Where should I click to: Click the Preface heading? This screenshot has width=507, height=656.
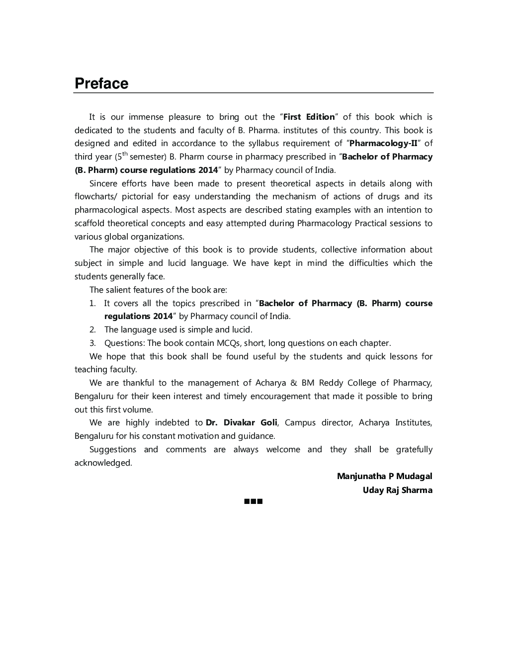(101, 83)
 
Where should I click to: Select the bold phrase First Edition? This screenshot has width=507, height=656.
(309, 117)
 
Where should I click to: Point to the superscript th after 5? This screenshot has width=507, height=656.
(125, 154)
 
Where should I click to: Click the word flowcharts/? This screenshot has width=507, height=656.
(95, 197)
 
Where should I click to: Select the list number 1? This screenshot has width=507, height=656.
(92, 303)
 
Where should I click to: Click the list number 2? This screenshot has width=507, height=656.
(92, 329)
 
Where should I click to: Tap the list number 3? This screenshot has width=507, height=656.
(92, 343)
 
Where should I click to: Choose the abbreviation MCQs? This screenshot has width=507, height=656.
(228, 343)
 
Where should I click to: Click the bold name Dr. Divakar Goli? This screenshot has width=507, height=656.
(242, 423)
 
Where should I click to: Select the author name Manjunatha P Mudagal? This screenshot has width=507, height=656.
(384, 476)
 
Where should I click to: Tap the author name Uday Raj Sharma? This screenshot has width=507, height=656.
(397, 490)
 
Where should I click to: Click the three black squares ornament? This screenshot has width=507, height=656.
(253, 501)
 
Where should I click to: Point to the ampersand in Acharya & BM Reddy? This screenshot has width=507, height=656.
(293, 383)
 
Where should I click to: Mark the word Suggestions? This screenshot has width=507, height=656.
(112, 450)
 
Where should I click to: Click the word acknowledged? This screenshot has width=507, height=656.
(103, 463)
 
